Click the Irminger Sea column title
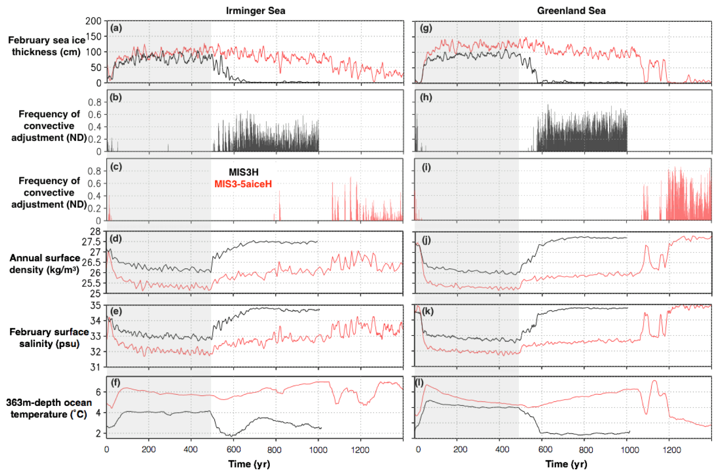coord(255,11)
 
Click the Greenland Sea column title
coord(571,11)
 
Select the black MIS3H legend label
coord(243,172)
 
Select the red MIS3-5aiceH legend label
coord(243,184)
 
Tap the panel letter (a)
coord(116,28)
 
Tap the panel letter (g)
coord(426,28)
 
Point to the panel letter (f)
coord(115,382)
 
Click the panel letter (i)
coord(426,167)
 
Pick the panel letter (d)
coord(116,238)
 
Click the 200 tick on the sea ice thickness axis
coord(93,21)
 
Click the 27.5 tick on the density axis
coord(91,242)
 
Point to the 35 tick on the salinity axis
coord(96,306)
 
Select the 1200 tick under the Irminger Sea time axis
coord(360,450)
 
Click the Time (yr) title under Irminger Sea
coord(249,464)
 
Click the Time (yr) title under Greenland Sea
coord(566,464)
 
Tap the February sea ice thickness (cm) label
coord(47,46)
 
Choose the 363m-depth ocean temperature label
coord(49,408)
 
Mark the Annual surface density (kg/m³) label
coord(44,264)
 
